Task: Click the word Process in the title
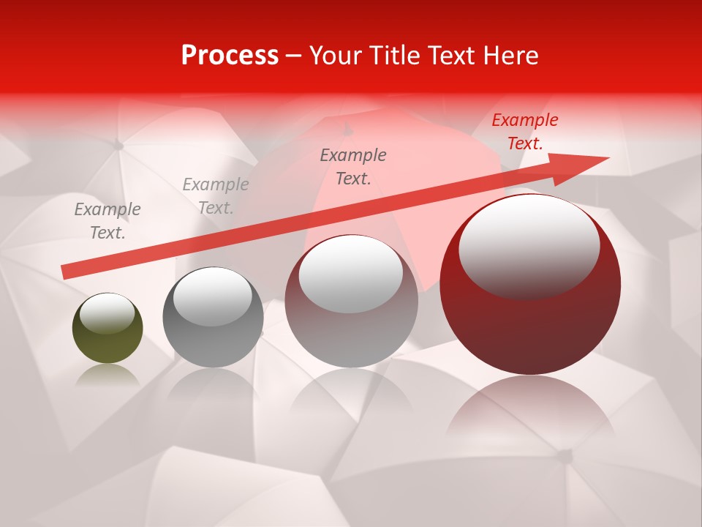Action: click(x=230, y=56)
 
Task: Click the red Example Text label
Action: click(x=524, y=132)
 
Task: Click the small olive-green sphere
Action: click(x=107, y=329)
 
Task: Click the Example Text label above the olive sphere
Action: click(x=107, y=221)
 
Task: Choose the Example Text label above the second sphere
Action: click(x=216, y=196)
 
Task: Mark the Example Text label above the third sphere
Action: click(x=353, y=167)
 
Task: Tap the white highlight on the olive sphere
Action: click(x=107, y=314)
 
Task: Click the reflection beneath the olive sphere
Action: click(x=107, y=375)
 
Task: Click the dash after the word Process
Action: click(x=294, y=56)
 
